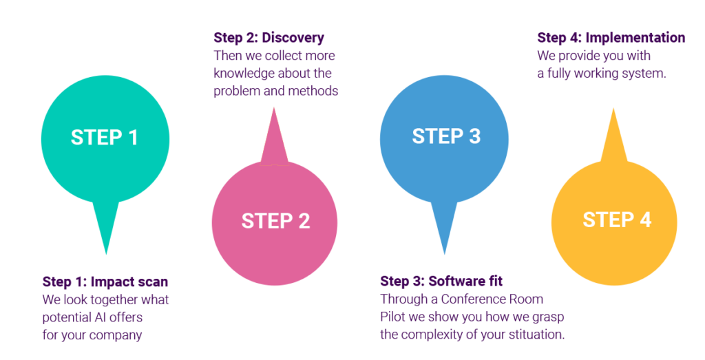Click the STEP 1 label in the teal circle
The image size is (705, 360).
[x=105, y=137]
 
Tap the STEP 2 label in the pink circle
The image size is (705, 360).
[x=275, y=221]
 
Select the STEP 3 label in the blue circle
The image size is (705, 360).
[x=446, y=136]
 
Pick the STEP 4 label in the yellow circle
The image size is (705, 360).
[x=617, y=220]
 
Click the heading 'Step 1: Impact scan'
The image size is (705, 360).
[x=105, y=282]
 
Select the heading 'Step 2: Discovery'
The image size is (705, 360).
[x=269, y=37]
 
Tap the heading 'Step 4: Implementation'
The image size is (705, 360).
[x=611, y=37]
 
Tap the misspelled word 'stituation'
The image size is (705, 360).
[x=532, y=335]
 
